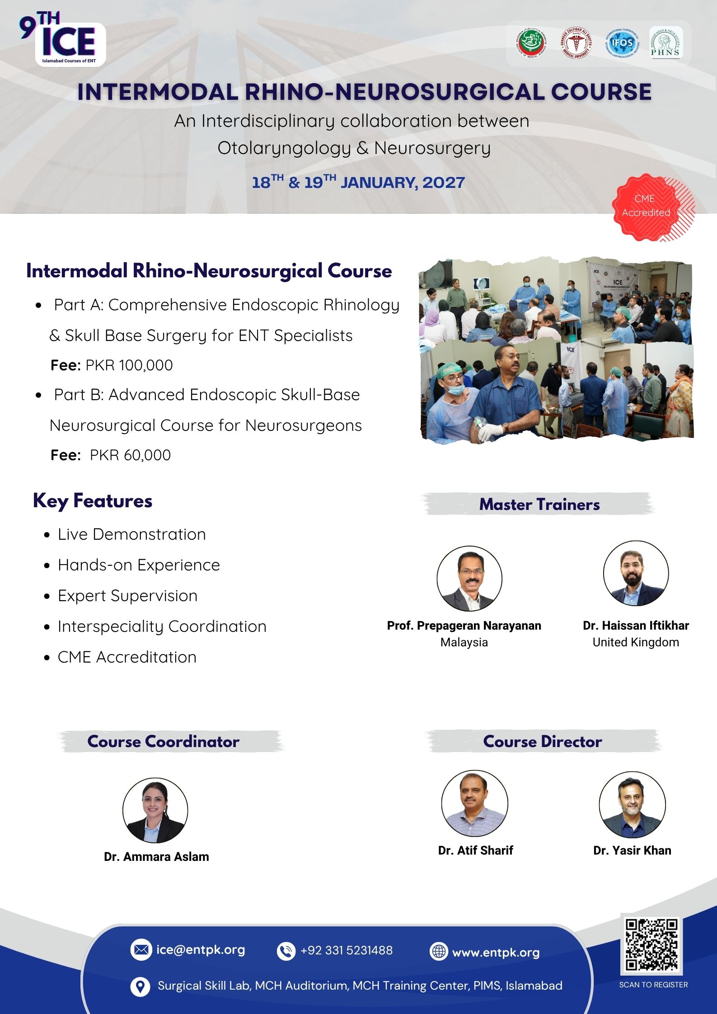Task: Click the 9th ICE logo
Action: (62, 40)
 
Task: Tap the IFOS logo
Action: (622, 44)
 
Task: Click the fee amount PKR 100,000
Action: (129, 365)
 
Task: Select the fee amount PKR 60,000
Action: (131, 455)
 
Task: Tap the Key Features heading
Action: (93, 501)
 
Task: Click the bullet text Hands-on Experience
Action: (139, 565)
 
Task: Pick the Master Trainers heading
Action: (539, 505)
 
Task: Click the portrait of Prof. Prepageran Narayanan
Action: (469, 578)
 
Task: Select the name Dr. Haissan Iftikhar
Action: (636, 626)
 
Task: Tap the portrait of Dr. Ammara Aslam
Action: (155, 810)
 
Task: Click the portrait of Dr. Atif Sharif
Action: (474, 803)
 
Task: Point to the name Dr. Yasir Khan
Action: (632, 850)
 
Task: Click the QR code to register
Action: (652, 944)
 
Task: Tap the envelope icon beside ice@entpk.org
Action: (141, 949)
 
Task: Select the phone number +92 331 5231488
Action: (347, 950)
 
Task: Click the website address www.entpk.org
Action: (496, 952)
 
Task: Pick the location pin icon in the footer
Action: (140, 986)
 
